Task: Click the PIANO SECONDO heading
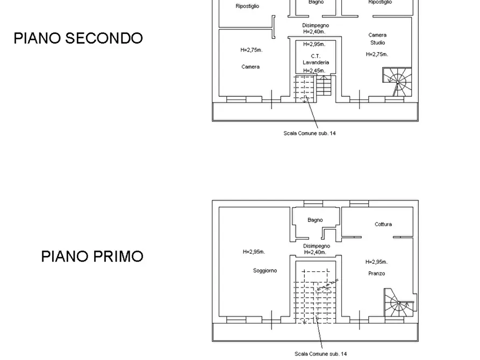point(78,39)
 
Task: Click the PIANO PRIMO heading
point(92,256)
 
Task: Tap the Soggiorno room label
point(265,271)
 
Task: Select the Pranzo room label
point(377,273)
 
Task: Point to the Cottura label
point(383,224)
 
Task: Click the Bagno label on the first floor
point(316,220)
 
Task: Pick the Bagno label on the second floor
point(316,2)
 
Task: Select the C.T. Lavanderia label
point(316,59)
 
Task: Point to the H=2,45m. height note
point(314,70)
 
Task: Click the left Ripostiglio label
point(247,6)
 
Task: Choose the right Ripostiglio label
point(379,2)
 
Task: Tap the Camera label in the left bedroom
point(250,67)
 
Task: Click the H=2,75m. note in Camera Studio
point(377,54)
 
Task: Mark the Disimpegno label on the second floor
point(316,25)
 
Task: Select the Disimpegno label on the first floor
point(317,246)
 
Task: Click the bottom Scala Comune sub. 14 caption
point(321,354)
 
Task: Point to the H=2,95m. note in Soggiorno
point(254,251)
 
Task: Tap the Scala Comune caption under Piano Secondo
point(310,133)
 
